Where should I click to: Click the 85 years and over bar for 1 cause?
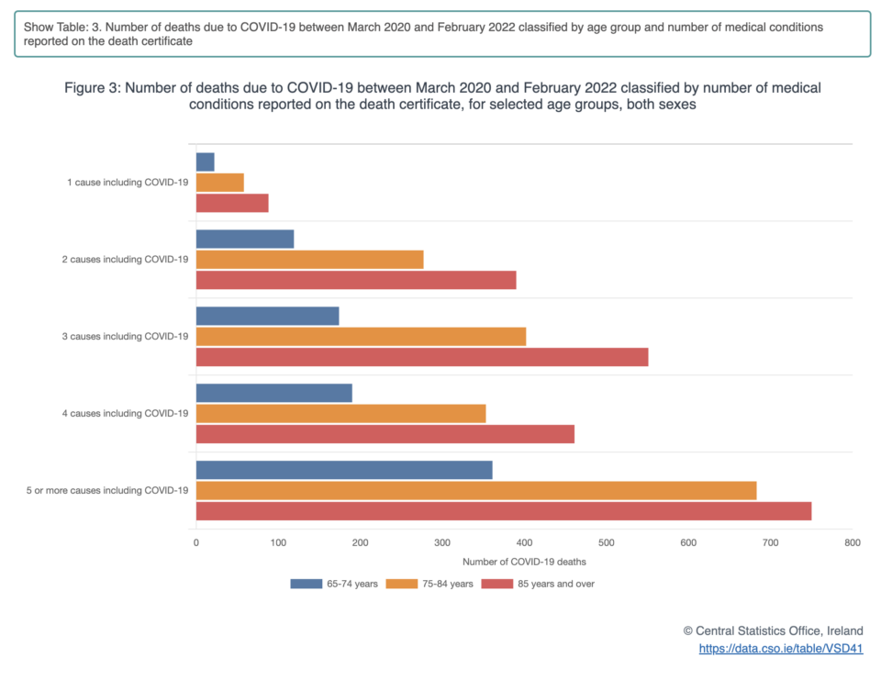click(x=232, y=203)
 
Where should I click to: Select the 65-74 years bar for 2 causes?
click(x=245, y=239)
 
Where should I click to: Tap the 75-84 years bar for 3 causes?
click(x=361, y=337)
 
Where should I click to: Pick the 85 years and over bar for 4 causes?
click(x=385, y=434)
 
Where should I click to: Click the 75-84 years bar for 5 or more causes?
click(x=476, y=491)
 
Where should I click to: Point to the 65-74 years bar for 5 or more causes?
click(x=344, y=470)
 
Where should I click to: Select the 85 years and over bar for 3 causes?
click(x=422, y=357)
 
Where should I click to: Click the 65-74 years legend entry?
click(x=334, y=583)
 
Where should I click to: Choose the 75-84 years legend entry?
click(x=430, y=583)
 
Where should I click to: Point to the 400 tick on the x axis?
click(x=524, y=543)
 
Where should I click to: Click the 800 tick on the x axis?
click(x=853, y=543)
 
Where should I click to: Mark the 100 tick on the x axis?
click(x=278, y=543)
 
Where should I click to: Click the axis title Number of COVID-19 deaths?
click(x=524, y=561)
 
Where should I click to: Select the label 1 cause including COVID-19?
click(x=128, y=183)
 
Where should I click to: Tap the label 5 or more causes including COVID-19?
click(x=107, y=491)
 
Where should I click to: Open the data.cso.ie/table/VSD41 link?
click(x=780, y=649)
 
